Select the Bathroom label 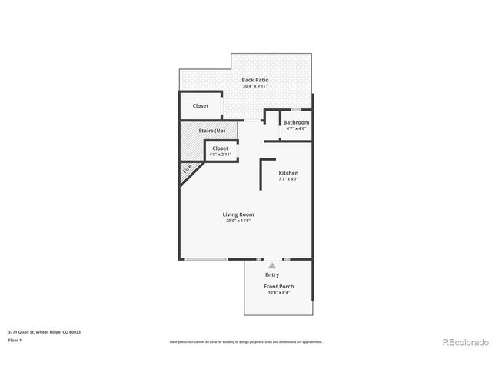point(296,122)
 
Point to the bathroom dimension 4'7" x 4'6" point(296,128)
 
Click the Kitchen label point(288,173)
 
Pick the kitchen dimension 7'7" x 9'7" point(288,179)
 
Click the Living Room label point(238,214)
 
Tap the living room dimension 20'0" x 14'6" point(238,221)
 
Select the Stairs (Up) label point(211,131)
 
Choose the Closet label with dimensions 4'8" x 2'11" point(220,148)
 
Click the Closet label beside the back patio point(200,106)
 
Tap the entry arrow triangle point(271,265)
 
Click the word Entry point(272,274)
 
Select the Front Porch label point(280,287)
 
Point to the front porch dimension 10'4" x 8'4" point(280,293)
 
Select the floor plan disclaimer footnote point(246,341)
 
